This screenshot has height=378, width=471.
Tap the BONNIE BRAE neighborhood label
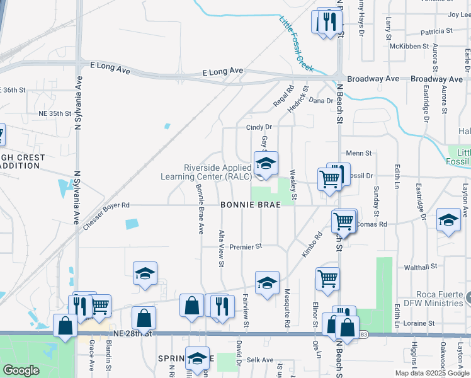point(251,205)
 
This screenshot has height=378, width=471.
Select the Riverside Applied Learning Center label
point(218,172)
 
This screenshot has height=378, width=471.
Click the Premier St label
point(245,247)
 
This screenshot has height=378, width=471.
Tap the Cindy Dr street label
point(258,127)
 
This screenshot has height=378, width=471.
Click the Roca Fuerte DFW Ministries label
point(425,298)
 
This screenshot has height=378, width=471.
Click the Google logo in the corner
point(21,370)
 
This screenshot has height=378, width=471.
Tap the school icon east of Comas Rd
point(448,220)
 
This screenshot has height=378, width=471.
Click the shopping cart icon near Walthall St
point(327,278)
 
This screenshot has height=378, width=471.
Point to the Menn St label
point(360,152)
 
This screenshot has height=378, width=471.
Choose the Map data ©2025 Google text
point(432,373)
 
